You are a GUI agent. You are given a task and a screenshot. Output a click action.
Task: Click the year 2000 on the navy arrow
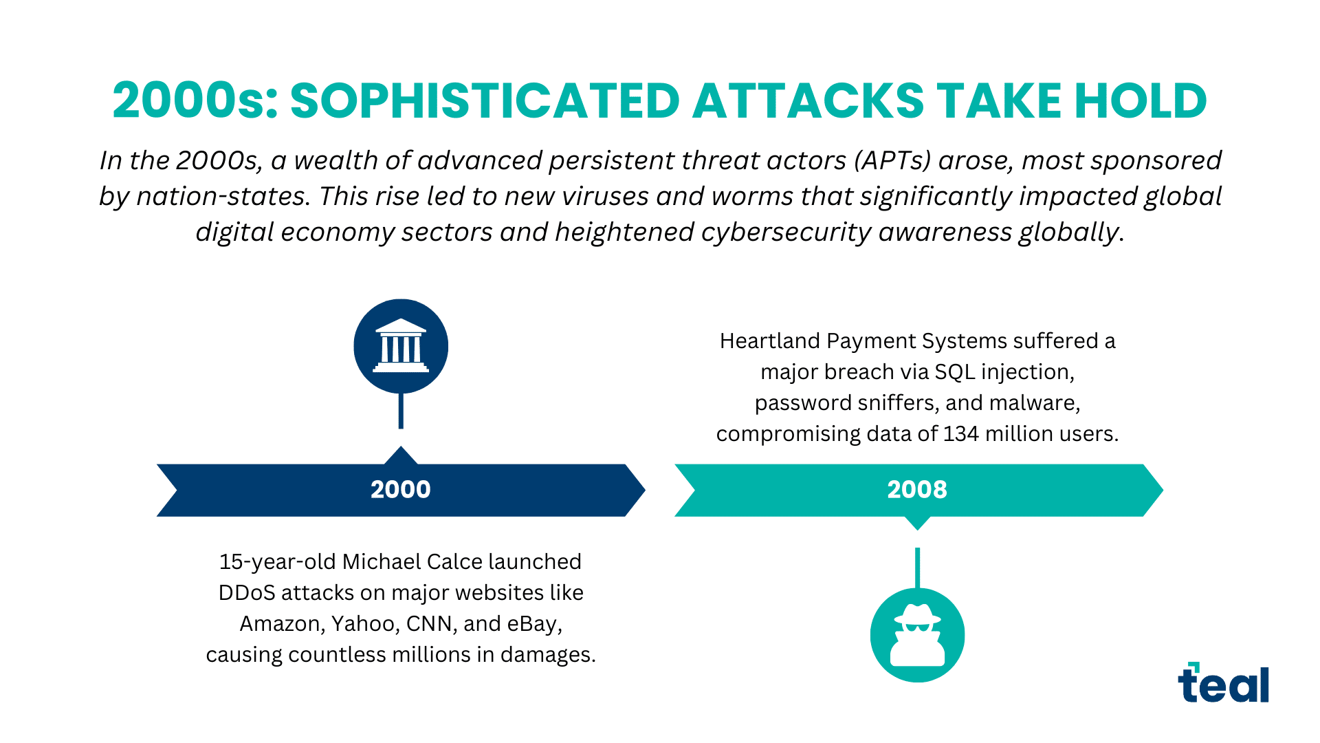(x=400, y=489)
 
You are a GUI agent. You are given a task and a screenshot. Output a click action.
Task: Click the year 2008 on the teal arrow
(x=916, y=489)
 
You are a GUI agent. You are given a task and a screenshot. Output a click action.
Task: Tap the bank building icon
(x=401, y=345)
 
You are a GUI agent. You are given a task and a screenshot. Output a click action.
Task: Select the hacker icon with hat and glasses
(x=917, y=635)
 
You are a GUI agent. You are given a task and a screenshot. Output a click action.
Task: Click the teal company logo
(x=1223, y=684)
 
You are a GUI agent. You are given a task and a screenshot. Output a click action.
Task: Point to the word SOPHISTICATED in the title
(x=485, y=101)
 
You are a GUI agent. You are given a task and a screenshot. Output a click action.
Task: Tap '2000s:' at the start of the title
(x=195, y=101)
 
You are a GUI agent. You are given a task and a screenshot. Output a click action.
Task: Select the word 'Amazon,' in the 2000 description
(x=281, y=624)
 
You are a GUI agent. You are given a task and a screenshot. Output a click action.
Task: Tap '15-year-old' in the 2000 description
(x=277, y=562)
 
